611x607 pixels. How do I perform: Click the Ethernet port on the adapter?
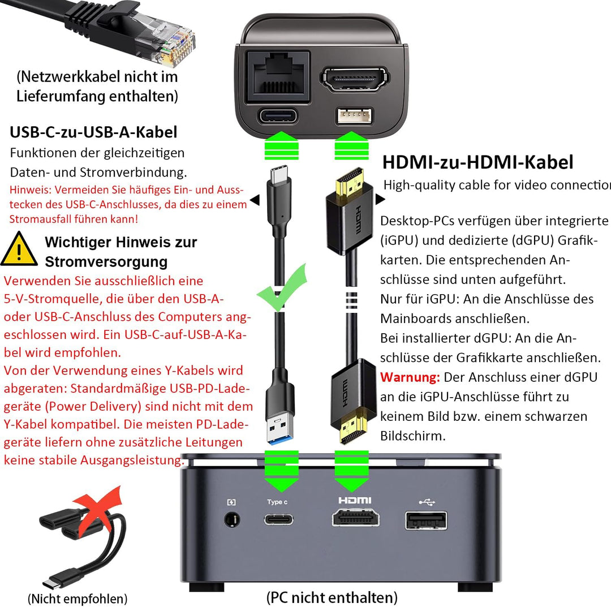click(x=278, y=76)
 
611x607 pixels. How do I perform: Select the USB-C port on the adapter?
click(x=278, y=116)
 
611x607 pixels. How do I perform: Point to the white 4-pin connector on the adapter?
click(x=354, y=116)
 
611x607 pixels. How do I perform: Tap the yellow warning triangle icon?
click(x=19, y=249)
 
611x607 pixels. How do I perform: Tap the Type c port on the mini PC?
click(x=278, y=519)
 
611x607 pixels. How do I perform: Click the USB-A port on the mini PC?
click(x=426, y=520)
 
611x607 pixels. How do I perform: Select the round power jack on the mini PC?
click(x=233, y=520)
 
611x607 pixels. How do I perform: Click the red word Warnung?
click(x=410, y=377)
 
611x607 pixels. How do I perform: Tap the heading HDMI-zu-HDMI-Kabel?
click(x=477, y=162)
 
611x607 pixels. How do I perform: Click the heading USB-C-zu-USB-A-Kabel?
click(x=93, y=132)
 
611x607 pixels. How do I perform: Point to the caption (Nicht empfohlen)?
click(x=78, y=598)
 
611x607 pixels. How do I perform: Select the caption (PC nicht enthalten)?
click(x=332, y=597)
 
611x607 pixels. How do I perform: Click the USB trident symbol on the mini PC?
click(x=427, y=502)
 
